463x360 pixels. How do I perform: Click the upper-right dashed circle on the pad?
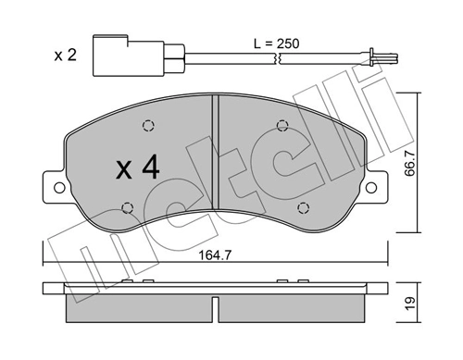point(282,127)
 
